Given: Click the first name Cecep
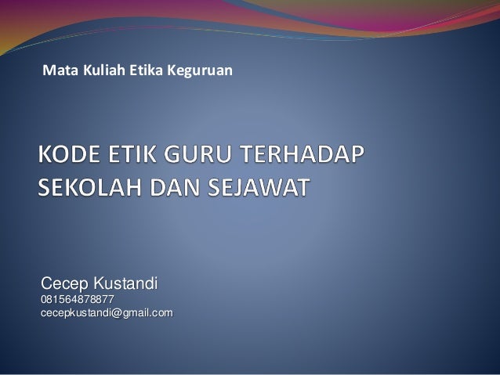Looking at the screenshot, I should point(65,283).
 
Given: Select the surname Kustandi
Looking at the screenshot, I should point(125,283).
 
